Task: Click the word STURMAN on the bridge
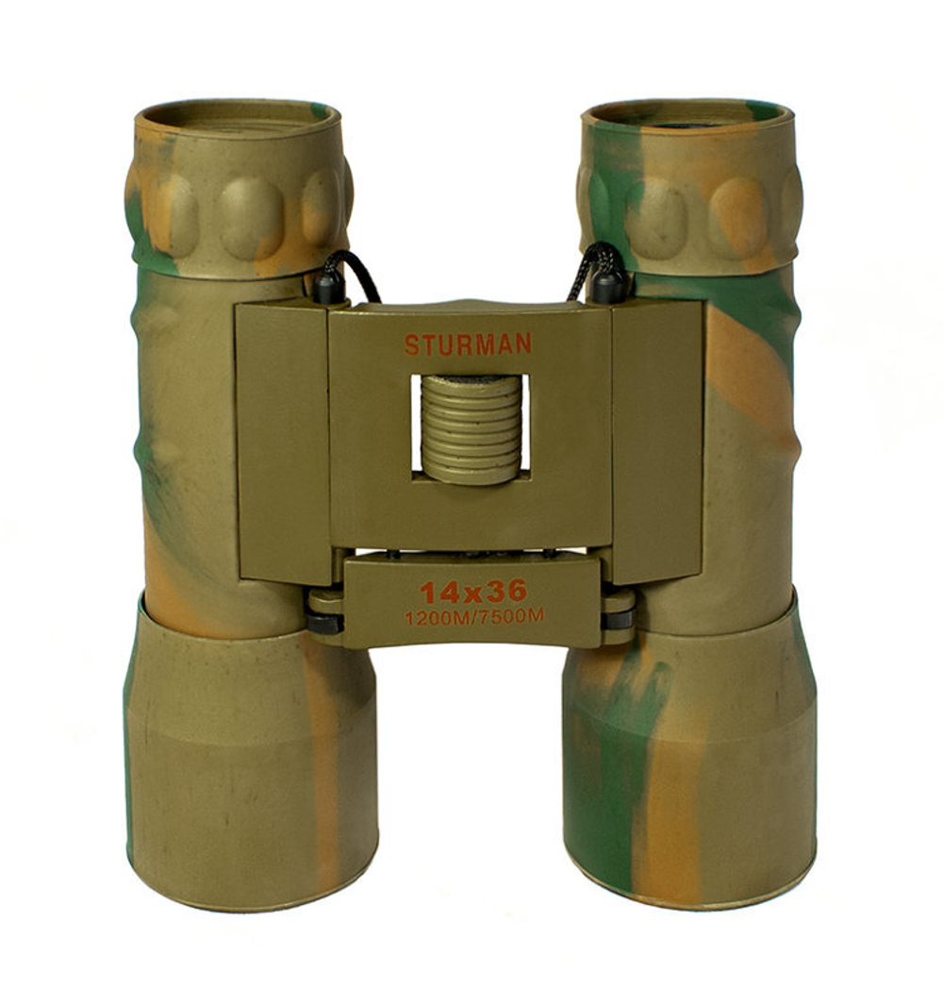[x=468, y=344]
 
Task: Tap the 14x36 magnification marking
[x=473, y=593]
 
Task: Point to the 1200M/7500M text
[x=473, y=618]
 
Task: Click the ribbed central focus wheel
[x=471, y=429]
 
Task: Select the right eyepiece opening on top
[x=687, y=115]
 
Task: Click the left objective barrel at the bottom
[x=250, y=755]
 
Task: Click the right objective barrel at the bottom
[x=688, y=755]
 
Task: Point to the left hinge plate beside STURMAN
[x=282, y=439]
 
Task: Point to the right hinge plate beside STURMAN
[x=656, y=439]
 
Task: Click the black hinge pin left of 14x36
[x=323, y=623]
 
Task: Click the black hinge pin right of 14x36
[x=619, y=619]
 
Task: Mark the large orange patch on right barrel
[x=745, y=368]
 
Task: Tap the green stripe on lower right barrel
[x=613, y=755]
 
